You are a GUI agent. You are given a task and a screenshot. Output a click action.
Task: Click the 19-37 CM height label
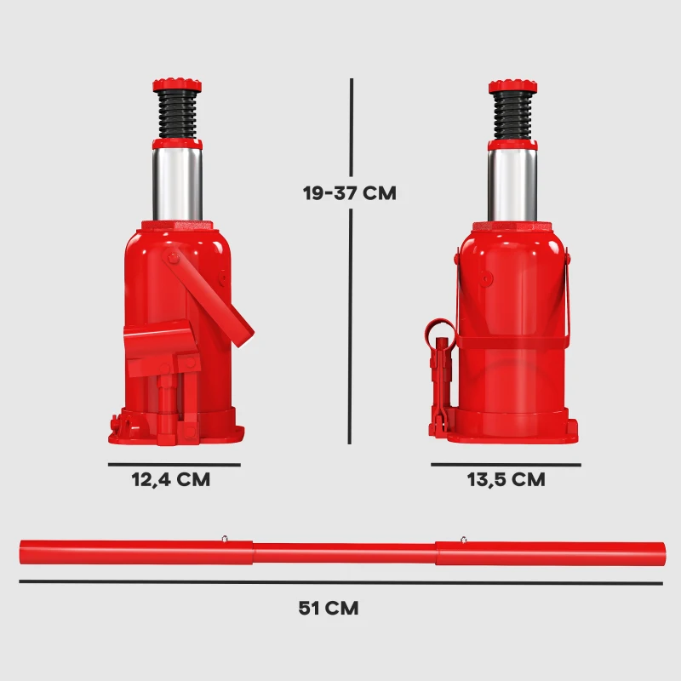(x=349, y=192)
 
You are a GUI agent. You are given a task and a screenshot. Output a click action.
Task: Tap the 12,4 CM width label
(x=170, y=479)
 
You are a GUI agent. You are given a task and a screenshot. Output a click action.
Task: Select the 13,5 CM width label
(x=506, y=479)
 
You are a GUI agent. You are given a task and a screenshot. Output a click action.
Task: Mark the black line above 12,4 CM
(x=174, y=465)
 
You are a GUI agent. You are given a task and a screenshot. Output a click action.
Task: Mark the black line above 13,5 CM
(x=506, y=465)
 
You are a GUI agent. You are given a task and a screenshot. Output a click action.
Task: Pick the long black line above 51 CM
(x=340, y=582)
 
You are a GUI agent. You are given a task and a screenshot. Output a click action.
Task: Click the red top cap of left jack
(x=177, y=86)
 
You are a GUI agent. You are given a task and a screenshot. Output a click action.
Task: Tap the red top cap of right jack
(x=513, y=86)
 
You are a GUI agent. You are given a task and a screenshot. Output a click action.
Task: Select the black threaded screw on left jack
(x=177, y=115)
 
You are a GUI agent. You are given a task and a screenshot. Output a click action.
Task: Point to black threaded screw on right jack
(x=513, y=115)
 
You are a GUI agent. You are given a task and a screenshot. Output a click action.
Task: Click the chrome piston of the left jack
(x=177, y=183)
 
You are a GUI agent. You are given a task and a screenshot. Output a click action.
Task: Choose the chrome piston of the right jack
(x=512, y=183)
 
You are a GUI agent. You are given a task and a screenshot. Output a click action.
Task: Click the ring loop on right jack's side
(x=439, y=328)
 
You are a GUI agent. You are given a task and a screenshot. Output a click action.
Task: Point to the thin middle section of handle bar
(x=345, y=553)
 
